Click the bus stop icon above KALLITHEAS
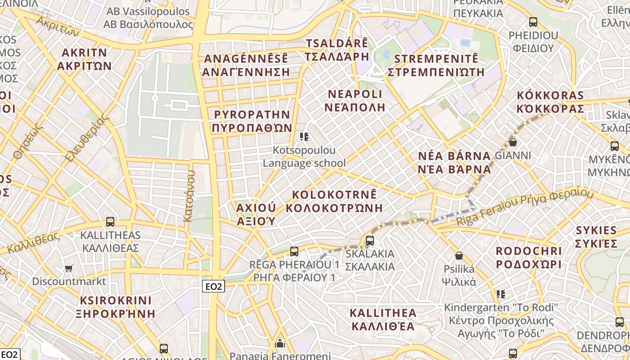[110, 221]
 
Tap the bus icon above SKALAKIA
[370, 241]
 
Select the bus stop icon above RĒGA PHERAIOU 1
[294, 252]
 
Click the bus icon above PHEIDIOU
[533, 22]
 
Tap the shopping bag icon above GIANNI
[513, 142]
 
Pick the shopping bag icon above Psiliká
[459, 256]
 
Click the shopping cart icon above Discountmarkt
[69, 268]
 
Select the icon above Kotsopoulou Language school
[304, 136]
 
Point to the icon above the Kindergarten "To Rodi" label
[501, 294]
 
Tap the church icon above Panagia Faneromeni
[280, 344]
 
